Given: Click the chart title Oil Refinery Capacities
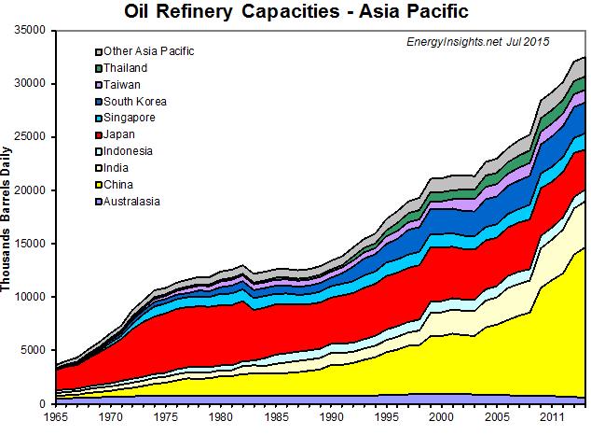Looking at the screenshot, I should pos(295,12).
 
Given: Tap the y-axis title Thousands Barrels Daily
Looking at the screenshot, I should pos(8,217).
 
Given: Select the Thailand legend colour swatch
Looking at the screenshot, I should pos(98,67).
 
